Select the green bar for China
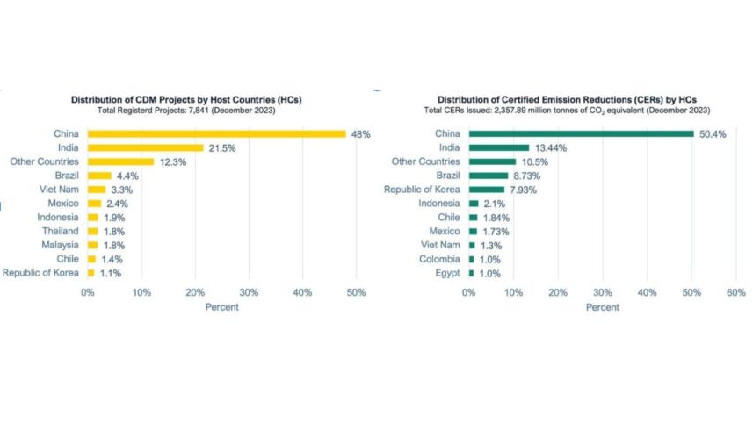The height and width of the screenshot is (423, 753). [581, 133]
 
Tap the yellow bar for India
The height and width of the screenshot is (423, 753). [145, 147]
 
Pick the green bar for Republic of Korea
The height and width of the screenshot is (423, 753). [487, 190]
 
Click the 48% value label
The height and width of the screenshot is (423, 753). [360, 133]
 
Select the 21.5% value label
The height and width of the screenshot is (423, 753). [221, 147]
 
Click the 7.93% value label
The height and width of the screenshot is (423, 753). [524, 190]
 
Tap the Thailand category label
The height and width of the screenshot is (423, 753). [59, 232]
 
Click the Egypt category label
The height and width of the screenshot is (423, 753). [447, 274]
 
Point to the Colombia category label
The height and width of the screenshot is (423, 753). [439, 260]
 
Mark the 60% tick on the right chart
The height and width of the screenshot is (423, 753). [735, 292]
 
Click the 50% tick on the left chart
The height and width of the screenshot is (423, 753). [356, 292]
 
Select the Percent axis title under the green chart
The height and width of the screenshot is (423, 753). [602, 307]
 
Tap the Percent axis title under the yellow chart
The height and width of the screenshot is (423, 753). [221, 307]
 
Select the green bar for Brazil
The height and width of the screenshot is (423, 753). [489, 176]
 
